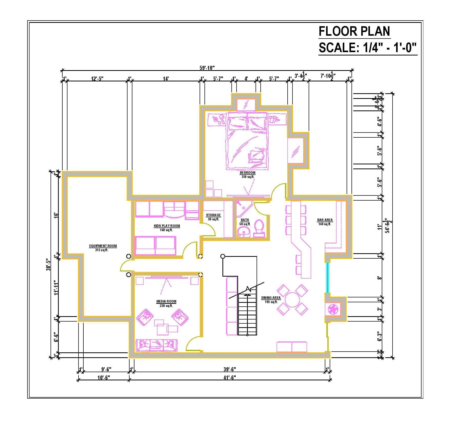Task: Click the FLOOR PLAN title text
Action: pos(354,31)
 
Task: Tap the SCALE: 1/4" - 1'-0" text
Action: pos(367,48)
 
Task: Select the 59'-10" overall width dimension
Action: pos(207,68)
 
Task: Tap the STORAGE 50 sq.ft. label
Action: pos(213,217)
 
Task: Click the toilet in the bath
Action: pos(259,228)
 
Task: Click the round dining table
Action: pos(292,300)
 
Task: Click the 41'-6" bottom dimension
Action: pos(229,377)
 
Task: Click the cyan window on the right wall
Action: pos(327,278)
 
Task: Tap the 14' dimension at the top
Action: pos(166,79)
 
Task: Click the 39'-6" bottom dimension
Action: pos(229,369)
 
